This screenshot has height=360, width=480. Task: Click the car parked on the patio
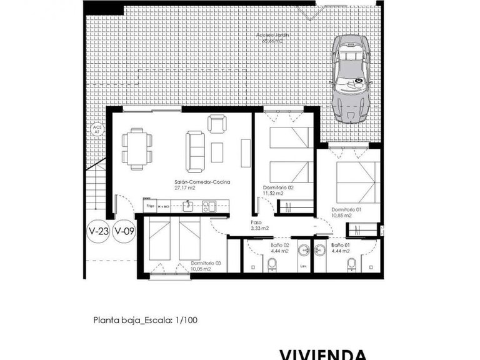(x=351, y=77)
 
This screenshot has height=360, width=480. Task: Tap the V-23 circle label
(x=99, y=232)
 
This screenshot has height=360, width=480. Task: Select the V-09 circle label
(x=124, y=232)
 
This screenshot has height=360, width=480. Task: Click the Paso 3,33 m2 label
(x=260, y=225)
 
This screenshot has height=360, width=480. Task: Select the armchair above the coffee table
(x=217, y=125)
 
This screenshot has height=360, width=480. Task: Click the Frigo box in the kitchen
(x=150, y=205)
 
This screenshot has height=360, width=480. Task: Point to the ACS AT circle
(x=97, y=131)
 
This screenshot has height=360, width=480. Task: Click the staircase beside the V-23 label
(x=96, y=188)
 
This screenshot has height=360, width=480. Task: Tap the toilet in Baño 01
(x=352, y=266)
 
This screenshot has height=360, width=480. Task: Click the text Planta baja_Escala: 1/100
(x=145, y=321)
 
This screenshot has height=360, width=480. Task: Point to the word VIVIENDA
(x=322, y=354)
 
